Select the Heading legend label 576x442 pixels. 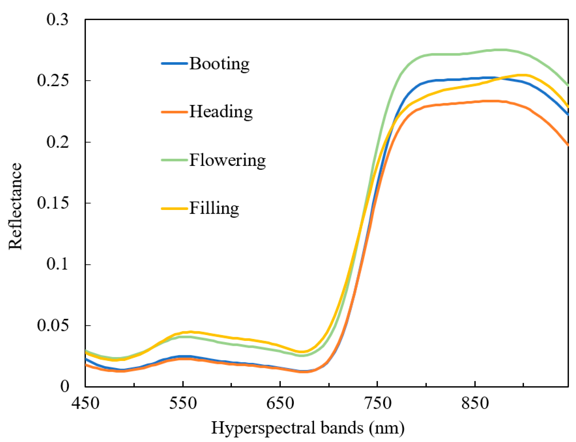point(221,112)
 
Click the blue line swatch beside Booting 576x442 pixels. point(174,63)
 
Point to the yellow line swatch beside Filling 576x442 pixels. point(174,208)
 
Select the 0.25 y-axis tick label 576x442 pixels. point(53,80)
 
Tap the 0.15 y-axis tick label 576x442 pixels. point(53,203)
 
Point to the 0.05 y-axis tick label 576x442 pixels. point(53,325)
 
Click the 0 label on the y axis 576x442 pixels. point(65,387)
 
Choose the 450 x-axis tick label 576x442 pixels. point(85,403)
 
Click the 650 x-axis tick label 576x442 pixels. point(280,403)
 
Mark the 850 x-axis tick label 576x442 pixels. point(475,403)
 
